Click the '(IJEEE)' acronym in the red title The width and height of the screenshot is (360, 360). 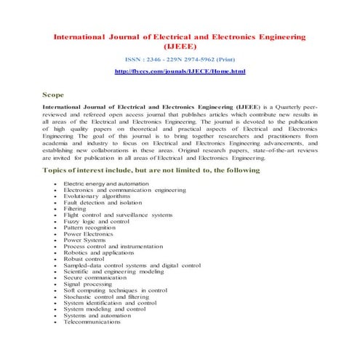180,45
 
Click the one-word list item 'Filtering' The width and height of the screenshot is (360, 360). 76,209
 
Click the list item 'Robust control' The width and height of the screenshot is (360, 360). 84,260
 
